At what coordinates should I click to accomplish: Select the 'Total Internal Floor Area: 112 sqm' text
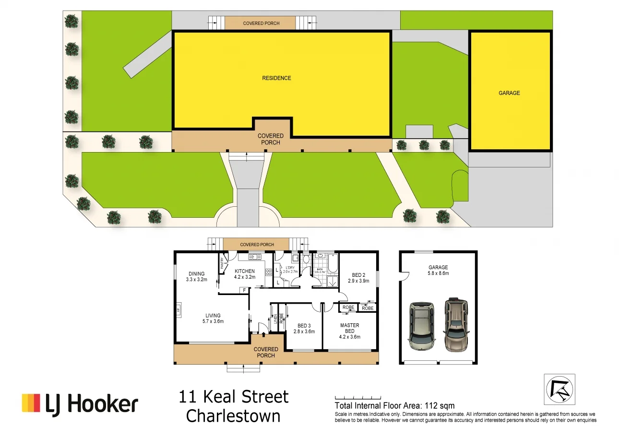(394, 406)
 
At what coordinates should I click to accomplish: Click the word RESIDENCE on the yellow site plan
(276, 78)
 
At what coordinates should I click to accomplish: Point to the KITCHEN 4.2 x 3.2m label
(245, 274)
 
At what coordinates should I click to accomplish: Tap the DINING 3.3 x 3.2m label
(196, 276)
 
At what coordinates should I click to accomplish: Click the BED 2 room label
(358, 278)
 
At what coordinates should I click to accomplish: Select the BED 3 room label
(304, 328)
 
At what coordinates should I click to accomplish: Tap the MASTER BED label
(349, 331)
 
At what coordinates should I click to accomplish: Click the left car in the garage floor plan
(422, 326)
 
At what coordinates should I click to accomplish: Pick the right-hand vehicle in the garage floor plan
(456, 325)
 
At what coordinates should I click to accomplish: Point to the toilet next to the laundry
(306, 260)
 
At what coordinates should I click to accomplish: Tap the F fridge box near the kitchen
(244, 290)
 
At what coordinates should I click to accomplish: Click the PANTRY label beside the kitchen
(222, 263)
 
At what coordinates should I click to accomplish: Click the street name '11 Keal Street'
(234, 397)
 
